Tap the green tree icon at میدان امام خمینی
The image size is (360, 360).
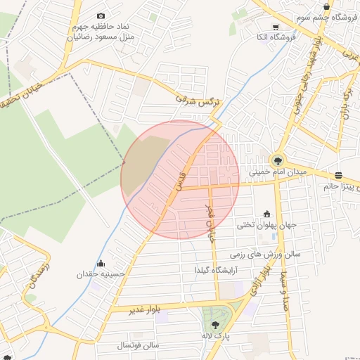click(x=277, y=160)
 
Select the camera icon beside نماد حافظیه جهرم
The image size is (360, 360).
click(x=101, y=15)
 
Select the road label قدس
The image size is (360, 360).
click(x=181, y=179)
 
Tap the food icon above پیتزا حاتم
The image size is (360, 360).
click(x=339, y=175)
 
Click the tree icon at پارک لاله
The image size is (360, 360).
click(x=215, y=325)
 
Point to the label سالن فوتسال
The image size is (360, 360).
click(x=140, y=345)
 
